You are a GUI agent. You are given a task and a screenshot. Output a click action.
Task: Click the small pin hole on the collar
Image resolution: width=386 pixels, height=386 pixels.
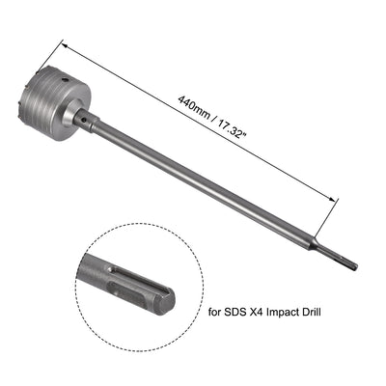[84, 122]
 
